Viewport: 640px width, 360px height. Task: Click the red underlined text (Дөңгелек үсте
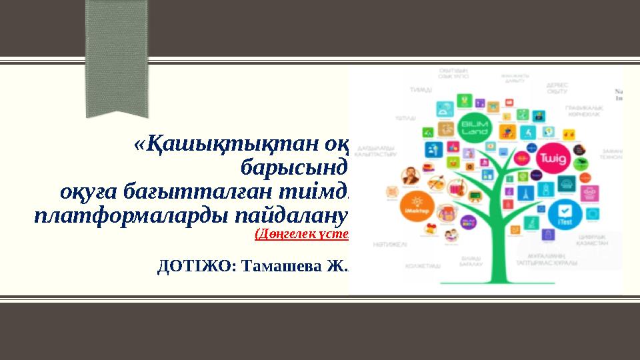pos(302,233)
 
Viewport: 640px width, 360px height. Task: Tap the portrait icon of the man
pos(409,176)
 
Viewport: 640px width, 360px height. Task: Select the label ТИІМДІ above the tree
pos(420,89)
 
